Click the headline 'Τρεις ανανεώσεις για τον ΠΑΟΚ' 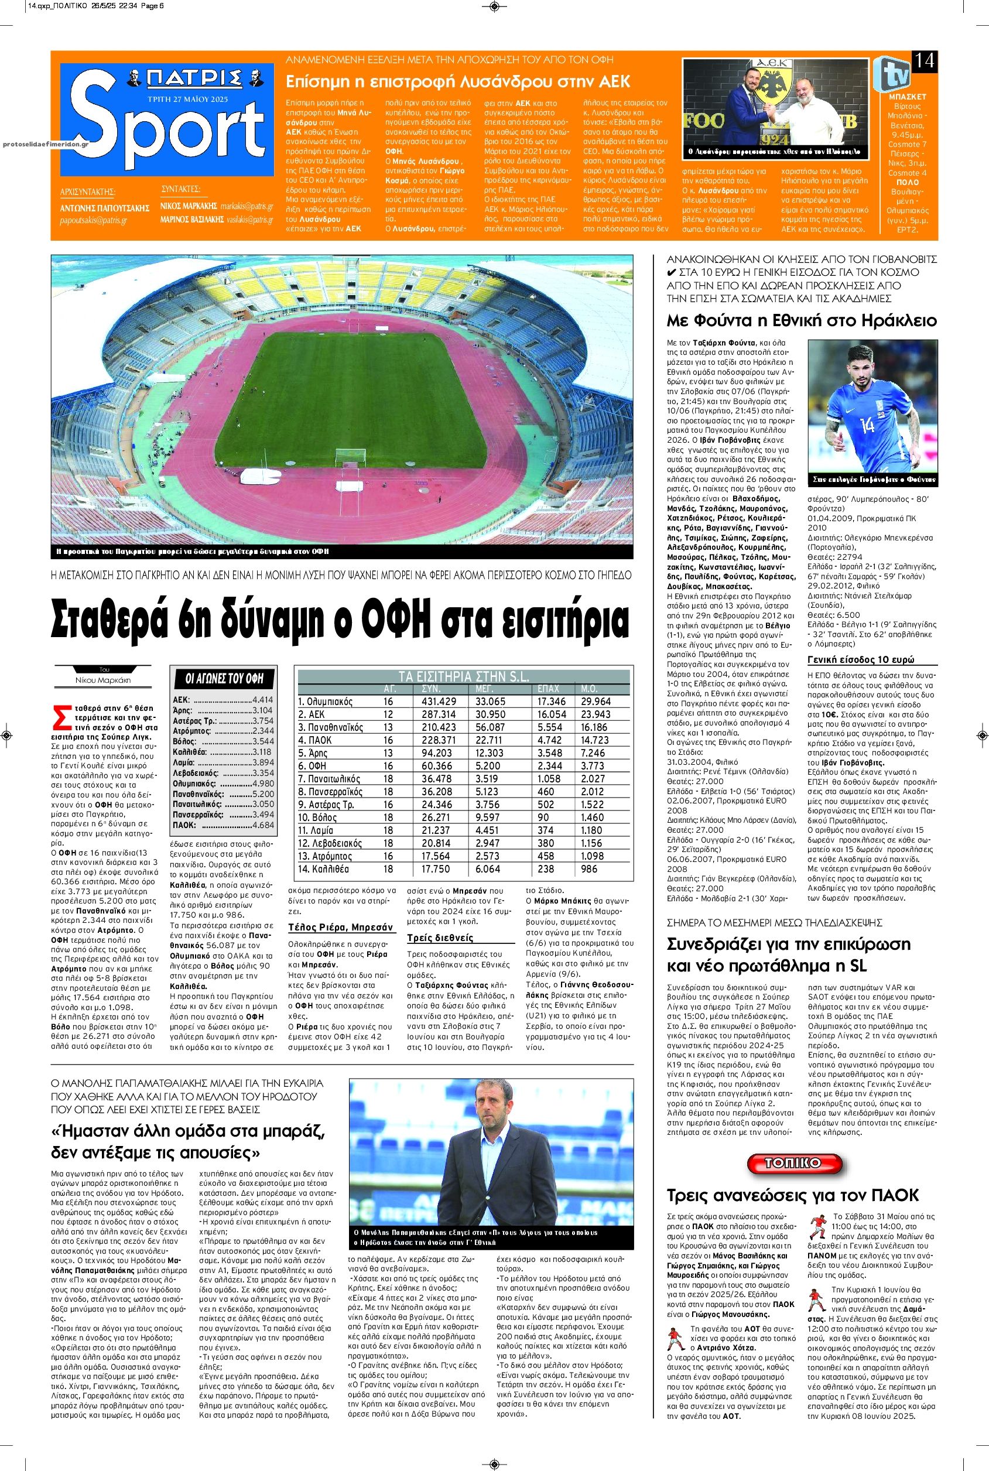coord(792,1194)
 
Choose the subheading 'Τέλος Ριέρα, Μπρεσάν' coord(341,926)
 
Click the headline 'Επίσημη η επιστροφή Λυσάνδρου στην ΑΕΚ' coord(458,81)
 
